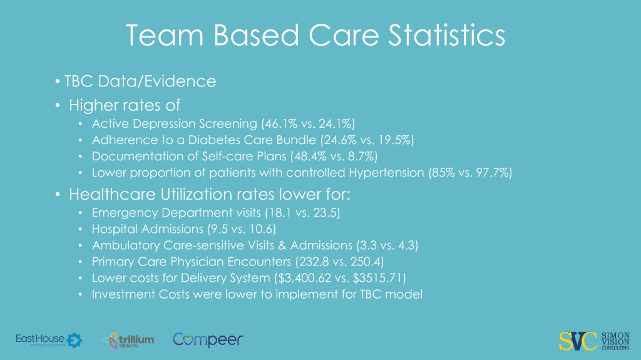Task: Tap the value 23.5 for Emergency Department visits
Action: coord(326,213)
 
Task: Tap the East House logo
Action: coord(48,340)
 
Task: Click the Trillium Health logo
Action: coord(128,340)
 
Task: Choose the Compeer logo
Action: coord(208,340)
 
